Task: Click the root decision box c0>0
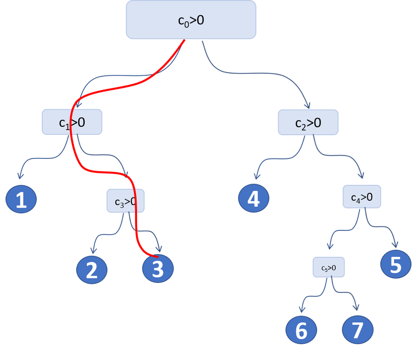[191, 20]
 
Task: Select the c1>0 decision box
[72, 122]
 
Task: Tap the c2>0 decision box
[308, 122]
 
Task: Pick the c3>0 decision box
[125, 201]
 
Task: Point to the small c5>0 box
[329, 268]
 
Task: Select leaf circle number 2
[92, 270]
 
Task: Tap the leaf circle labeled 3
[158, 269]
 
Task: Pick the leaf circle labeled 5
[396, 265]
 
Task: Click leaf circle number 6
[301, 331]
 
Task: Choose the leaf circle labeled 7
[357, 330]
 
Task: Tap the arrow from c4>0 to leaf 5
[381, 228]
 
